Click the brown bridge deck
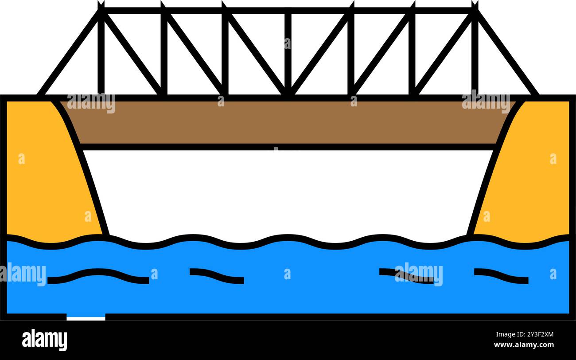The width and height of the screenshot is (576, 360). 288,122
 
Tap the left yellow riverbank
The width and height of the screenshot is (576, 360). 44,186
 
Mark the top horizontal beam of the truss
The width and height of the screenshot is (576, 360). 288,10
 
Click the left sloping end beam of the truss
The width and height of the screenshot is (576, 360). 69,53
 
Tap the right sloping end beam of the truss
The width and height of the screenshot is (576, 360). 507,53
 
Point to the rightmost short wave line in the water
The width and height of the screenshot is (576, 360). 501,275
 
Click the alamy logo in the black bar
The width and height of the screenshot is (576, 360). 44,340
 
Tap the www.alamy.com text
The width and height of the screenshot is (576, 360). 523,345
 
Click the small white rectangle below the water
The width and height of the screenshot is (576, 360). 86,317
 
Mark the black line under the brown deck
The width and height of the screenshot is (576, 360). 288,147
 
